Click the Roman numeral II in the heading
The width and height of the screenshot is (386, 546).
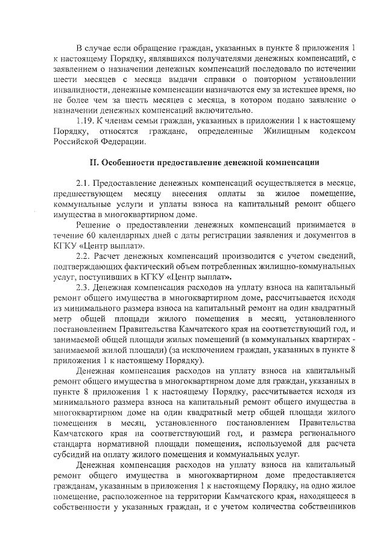[93, 163]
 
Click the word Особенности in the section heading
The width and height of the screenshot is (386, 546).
[128, 163]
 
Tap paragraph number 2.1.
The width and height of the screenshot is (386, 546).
[84, 182]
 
